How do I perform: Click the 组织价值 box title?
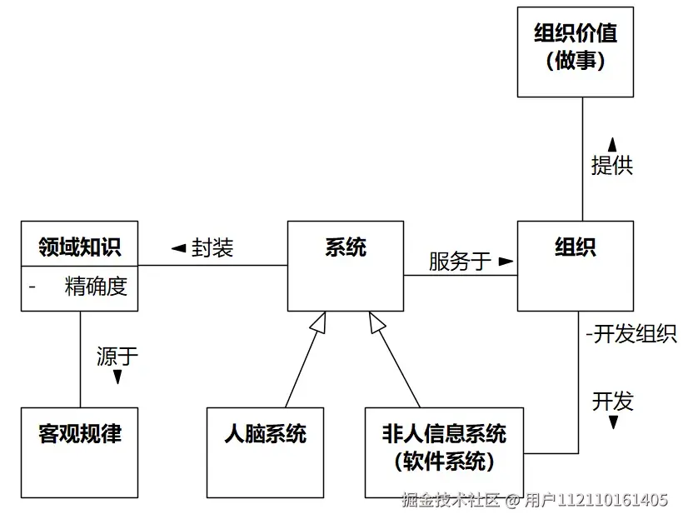tap(576, 34)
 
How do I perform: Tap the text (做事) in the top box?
tap(576, 62)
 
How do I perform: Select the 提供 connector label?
tap(611, 165)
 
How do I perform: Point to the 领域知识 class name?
tap(79, 247)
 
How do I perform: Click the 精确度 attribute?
tap(96, 287)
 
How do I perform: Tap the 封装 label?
tap(212, 247)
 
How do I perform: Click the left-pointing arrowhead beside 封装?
tap(177, 248)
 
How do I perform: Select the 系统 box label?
tap(346, 247)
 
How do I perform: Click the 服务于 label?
tap(460, 262)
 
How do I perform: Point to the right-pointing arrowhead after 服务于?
tap(505, 262)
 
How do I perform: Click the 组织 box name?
tap(576, 247)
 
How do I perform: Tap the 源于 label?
tap(117, 357)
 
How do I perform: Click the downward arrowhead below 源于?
tap(117, 378)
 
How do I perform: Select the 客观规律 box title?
tap(79, 434)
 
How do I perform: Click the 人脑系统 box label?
tap(265, 434)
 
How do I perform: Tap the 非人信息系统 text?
tap(444, 434)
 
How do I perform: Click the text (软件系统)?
tap(444, 461)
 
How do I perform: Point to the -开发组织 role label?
tap(631, 334)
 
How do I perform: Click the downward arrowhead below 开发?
tap(613, 422)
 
